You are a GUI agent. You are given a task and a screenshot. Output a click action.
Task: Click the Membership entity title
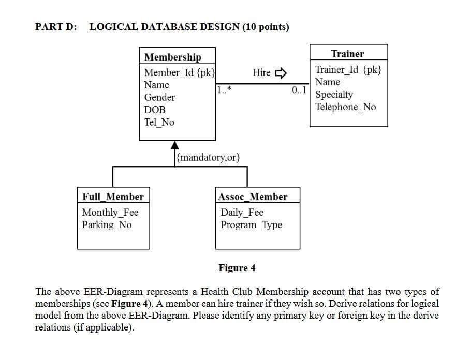tap(172, 57)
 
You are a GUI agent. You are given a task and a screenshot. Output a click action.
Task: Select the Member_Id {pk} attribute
tap(179, 72)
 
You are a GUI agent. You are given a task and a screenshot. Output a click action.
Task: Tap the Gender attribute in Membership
tap(159, 97)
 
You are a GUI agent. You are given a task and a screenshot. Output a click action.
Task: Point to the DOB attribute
tap(155, 110)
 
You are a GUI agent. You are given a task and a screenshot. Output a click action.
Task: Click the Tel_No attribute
tap(159, 122)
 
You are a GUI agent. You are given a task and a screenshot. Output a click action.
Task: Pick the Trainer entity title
tap(347, 54)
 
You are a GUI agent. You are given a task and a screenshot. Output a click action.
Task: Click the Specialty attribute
tap(334, 95)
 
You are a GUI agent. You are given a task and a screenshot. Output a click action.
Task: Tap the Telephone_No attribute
tap(345, 107)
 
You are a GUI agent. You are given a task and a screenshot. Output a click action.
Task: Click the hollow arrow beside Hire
tap(280, 73)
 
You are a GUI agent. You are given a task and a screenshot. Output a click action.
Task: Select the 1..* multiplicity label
tap(225, 90)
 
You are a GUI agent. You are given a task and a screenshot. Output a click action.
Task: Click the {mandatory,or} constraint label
tap(208, 157)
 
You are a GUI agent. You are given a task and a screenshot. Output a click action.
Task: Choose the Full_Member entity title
tap(113, 197)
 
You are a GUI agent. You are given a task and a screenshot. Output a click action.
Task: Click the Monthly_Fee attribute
tap(110, 213)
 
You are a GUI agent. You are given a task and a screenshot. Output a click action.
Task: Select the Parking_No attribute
tap(107, 225)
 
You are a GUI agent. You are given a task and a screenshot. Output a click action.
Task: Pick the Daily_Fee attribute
tap(242, 213)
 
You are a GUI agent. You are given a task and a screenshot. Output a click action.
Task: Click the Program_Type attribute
tap(251, 225)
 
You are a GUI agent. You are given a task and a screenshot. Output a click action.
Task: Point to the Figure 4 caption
tap(237, 268)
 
